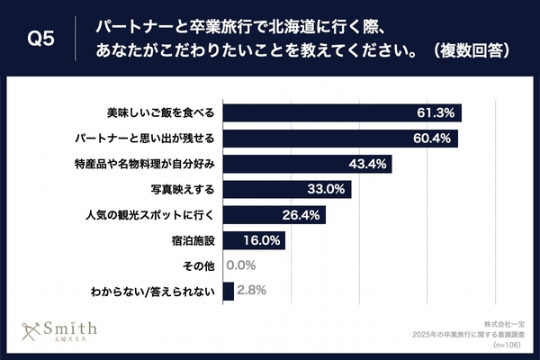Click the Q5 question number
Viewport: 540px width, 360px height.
[x=41, y=39]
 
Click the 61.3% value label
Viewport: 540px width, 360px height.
[x=437, y=113]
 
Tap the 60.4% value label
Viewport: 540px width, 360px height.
[x=434, y=139]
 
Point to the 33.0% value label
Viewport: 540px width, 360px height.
[x=327, y=190]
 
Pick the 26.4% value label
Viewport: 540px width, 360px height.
[x=301, y=216]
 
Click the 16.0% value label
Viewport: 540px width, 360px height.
[x=262, y=241]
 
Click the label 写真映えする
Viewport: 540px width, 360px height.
[x=182, y=190]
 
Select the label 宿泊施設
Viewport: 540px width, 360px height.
[x=193, y=241]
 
